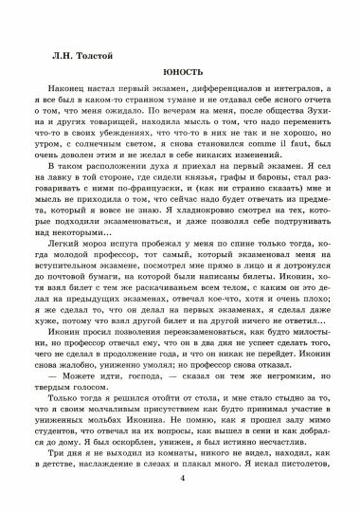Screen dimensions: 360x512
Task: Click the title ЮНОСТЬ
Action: [179, 70]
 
